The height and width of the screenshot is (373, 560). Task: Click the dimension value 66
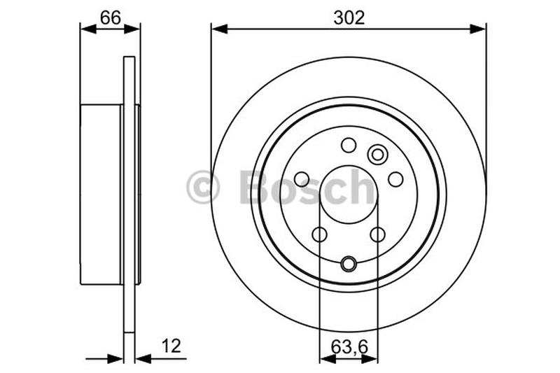point(110,18)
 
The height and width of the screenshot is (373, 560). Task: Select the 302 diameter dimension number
point(349,18)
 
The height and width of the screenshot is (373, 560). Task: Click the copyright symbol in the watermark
point(203,188)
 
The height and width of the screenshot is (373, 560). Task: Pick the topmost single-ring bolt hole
point(348,145)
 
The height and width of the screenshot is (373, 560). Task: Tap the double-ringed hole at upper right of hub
point(377,154)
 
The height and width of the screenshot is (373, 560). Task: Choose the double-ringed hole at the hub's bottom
point(348,264)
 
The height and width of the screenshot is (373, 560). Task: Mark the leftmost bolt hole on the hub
point(302,179)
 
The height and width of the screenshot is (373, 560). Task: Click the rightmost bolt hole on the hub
point(395,179)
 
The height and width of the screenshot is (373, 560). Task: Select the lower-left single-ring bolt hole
point(319,234)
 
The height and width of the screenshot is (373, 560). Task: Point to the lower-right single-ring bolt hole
point(377,234)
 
